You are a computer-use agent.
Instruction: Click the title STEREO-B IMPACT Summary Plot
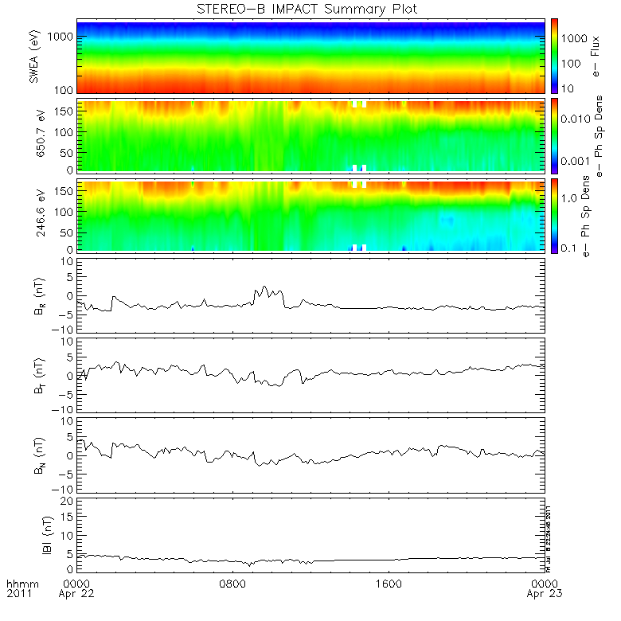310,9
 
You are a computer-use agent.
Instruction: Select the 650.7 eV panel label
34,136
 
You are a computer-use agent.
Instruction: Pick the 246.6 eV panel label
34,216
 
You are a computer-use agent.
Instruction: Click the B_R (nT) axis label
34,296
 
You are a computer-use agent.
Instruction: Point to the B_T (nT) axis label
34,375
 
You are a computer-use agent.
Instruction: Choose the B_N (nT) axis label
34,455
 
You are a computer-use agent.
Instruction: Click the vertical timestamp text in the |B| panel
549,533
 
